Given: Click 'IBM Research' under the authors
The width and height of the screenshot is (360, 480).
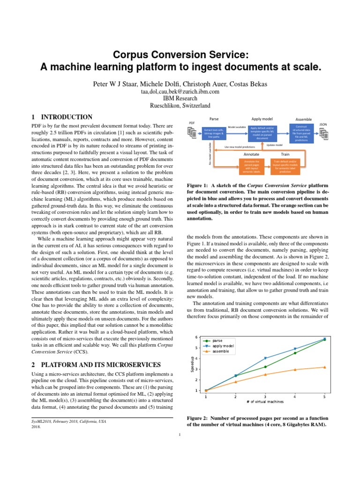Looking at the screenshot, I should coord(180,99).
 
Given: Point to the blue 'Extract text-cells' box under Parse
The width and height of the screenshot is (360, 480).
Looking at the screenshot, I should coord(213,133).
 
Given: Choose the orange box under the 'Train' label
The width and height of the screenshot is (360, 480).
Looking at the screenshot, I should coord(285,166).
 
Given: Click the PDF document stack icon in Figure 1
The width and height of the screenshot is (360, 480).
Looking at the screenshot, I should coord(192,134).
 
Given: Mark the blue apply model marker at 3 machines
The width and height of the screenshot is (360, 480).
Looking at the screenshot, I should coord(265,359).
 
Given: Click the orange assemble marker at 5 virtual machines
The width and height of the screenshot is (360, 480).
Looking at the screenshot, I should coord(324,367).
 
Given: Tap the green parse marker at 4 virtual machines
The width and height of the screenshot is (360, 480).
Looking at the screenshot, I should coord(295,353).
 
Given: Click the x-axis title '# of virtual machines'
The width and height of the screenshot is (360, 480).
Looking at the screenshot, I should coord(265,401).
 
